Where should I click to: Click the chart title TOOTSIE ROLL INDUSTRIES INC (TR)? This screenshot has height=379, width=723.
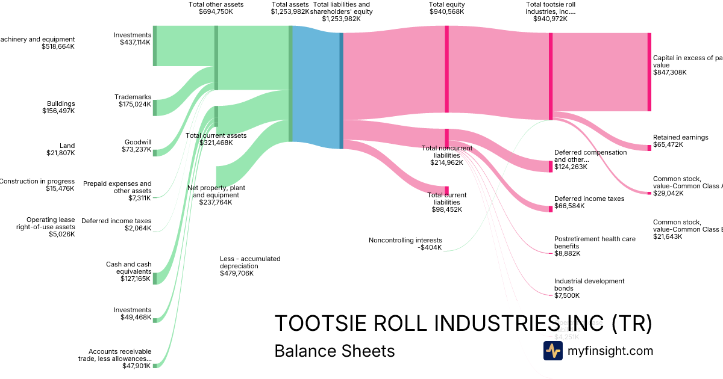463,324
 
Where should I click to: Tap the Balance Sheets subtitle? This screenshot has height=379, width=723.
334,351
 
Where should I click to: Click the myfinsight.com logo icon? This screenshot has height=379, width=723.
552,351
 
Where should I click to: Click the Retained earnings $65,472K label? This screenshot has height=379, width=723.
680,141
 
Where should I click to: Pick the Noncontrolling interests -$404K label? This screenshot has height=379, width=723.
405,244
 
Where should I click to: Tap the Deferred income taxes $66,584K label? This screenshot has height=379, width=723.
589,202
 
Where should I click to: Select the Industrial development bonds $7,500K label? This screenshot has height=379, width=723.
589,288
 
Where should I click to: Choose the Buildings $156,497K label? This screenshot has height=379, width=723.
58,107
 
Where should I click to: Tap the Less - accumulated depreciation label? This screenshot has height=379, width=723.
250,266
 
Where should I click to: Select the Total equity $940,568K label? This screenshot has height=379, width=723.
446,8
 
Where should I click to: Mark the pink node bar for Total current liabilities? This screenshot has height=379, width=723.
447,190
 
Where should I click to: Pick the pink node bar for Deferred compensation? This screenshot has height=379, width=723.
550,167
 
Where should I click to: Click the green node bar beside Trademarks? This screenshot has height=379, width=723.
155,108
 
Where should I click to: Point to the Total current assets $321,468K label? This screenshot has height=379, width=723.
216,139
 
